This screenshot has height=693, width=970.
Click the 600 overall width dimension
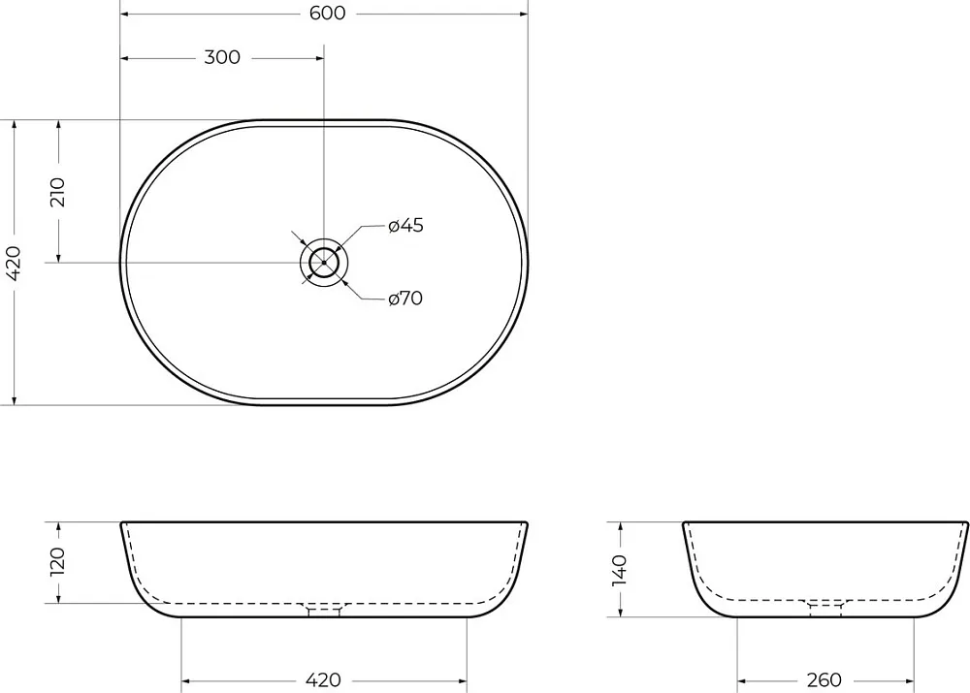pyautogui.click(x=327, y=13)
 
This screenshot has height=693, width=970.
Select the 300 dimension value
pyautogui.click(x=222, y=57)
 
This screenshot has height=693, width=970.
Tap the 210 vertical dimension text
pyautogui.click(x=57, y=192)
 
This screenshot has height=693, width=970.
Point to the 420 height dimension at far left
pyautogui.click(x=13, y=263)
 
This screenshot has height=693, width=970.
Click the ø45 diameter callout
pyautogui.click(x=405, y=225)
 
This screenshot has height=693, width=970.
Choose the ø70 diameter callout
pyautogui.click(x=405, y=299)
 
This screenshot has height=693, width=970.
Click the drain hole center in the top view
pyautogui.click(x=324, y=263)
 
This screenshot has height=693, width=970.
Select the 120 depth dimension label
pyautogui.click(x=57, y=561)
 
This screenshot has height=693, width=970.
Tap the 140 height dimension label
pyautogui.click(x=619, y=570)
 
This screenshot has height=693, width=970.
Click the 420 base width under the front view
pyautogui.click(x=323, y=680)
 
